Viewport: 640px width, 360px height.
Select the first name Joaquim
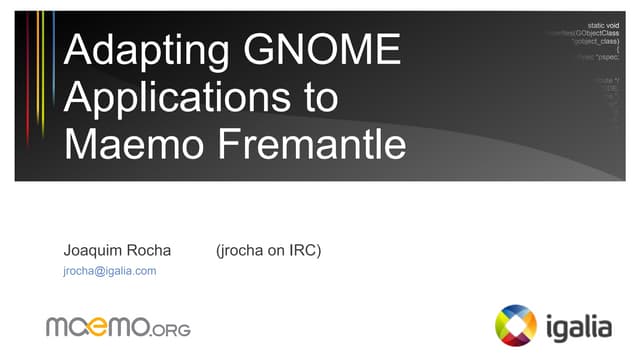(91, 250)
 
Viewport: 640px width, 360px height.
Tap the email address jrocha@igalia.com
(109, 271)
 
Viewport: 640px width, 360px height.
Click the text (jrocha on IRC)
(268, 250)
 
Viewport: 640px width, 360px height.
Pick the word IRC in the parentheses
(301, 250)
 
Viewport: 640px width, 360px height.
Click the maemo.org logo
(118, 325)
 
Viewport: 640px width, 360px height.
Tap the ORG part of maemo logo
(170, 328)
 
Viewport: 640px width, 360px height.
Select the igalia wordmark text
(579, 324)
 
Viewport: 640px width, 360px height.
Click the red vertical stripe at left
(28, 80)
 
